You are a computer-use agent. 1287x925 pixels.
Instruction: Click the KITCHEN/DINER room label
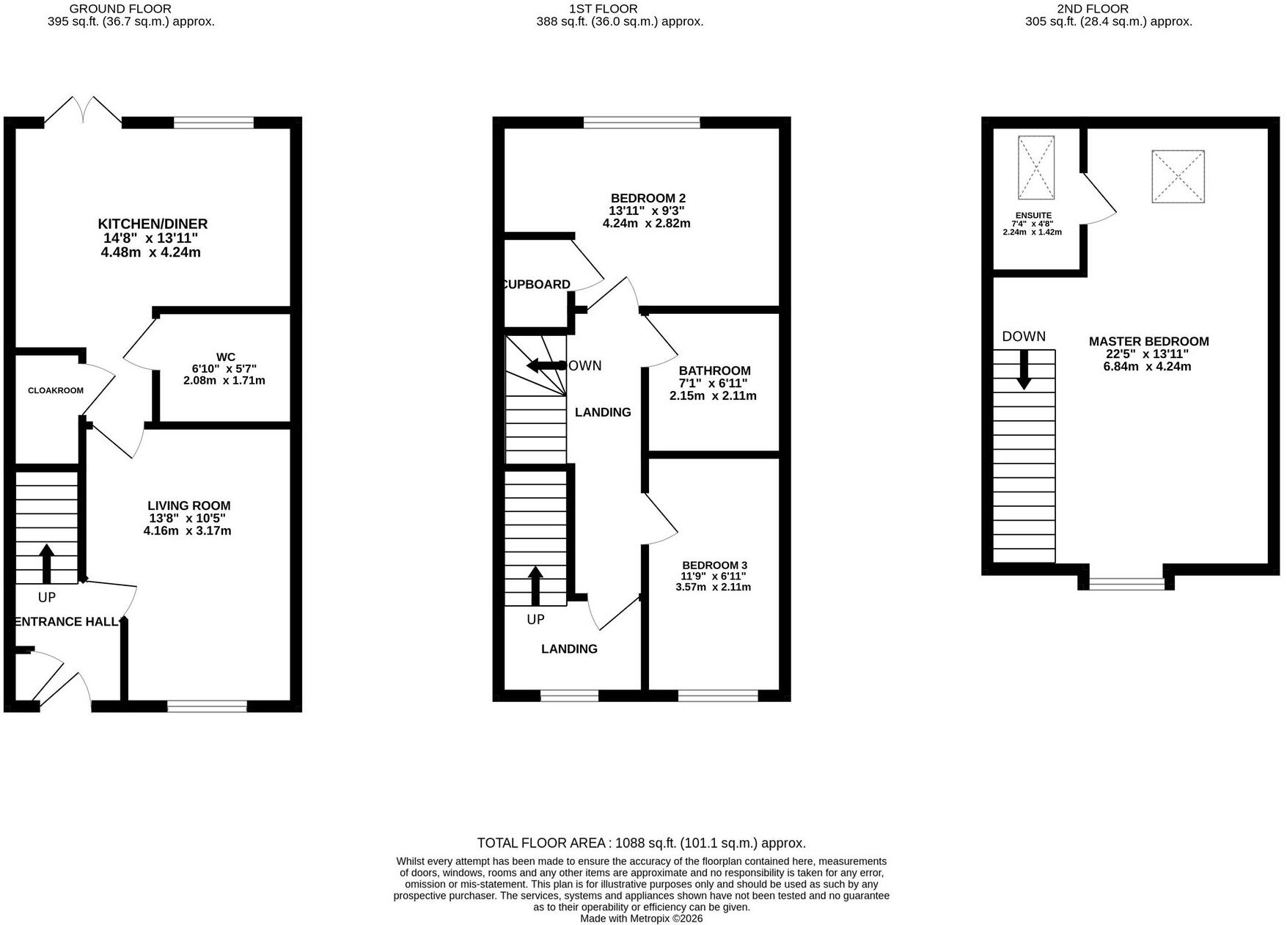(153, 224)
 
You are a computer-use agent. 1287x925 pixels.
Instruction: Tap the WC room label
(226, 357)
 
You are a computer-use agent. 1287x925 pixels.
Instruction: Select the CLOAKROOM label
(56, 390)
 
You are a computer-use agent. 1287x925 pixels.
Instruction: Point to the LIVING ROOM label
(189, 505)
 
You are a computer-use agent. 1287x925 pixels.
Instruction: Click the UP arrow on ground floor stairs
(47, 563)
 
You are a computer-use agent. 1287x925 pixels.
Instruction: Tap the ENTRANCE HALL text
(66, 621)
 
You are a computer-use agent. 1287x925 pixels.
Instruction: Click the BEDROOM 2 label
(648, 198)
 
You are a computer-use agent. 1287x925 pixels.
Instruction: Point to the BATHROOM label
(715, 370)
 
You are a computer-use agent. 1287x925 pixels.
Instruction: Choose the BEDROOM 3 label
(715, 565)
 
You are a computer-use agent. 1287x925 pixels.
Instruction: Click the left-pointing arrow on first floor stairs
(543, 365)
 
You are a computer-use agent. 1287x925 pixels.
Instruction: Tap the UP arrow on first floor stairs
(536, 585)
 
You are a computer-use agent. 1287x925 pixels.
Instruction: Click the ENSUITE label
(1033, 216)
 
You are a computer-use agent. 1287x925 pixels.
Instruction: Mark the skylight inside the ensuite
(1036, 167)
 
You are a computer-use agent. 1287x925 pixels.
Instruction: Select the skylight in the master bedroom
(1178, 177)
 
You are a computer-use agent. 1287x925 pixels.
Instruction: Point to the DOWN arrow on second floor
(1024, 369)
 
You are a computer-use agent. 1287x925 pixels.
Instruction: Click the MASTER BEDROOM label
(1149, 341)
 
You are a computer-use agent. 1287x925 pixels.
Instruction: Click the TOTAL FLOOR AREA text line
(642, 843)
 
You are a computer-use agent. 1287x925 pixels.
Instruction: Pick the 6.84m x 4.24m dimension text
(1148, 366)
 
